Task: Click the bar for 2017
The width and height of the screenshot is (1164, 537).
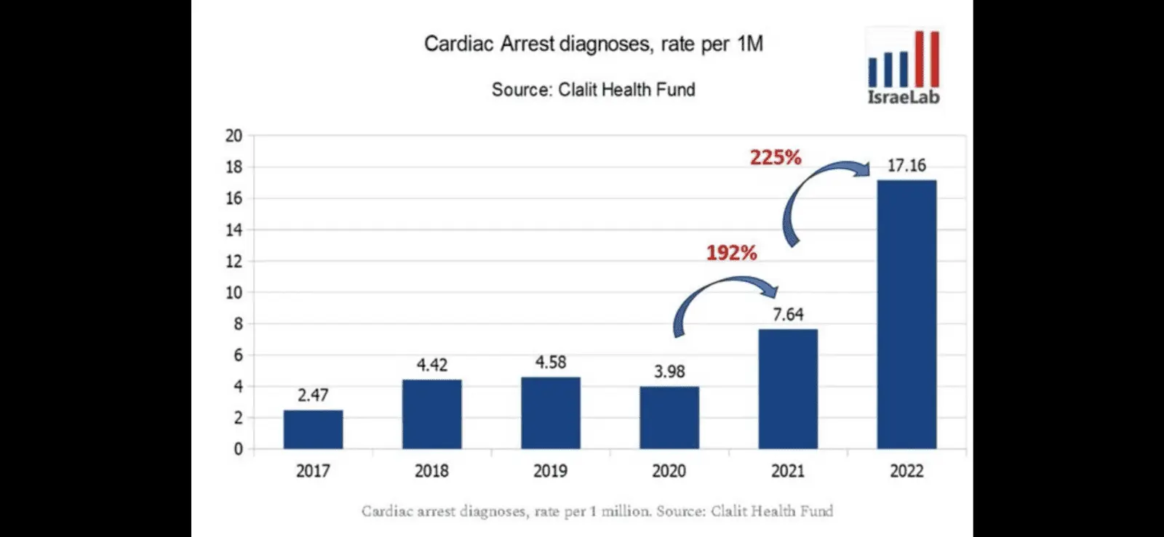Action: click(313, 429)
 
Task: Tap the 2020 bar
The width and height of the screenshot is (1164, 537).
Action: click(669, 418)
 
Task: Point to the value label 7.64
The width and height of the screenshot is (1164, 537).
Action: click(788, 315)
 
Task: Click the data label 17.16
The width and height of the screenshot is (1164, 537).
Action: click(906, 166)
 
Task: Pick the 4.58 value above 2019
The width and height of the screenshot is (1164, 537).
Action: click(551, 362)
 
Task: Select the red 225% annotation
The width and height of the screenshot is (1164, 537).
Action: click(776, 157)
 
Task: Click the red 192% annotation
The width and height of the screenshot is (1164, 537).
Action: click(731, 253)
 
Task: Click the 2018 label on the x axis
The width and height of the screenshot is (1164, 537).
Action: click(431, 471)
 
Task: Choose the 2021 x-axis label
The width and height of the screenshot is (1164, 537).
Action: click(788, 471)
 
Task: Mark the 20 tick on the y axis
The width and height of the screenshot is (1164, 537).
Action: click(234, 136)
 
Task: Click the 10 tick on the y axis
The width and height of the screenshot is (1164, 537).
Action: click(234, 292)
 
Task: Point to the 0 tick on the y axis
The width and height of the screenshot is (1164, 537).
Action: click(238, 449)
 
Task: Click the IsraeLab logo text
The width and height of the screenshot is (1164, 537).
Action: click(904, 97)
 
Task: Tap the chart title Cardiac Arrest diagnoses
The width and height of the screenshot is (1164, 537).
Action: click(594, 44)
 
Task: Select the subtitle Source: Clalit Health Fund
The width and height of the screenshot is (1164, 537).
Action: click(594, 89)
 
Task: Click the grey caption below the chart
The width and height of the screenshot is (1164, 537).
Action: click(597, 511)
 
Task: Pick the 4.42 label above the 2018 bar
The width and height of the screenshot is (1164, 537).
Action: click(431, 365)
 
